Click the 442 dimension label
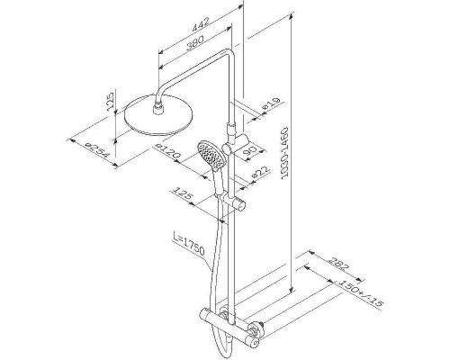click(x=201, y=23)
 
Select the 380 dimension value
click(x=195, y=42)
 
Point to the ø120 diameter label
click(x=167, y=151)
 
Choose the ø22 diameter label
click(x=261, y=172)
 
